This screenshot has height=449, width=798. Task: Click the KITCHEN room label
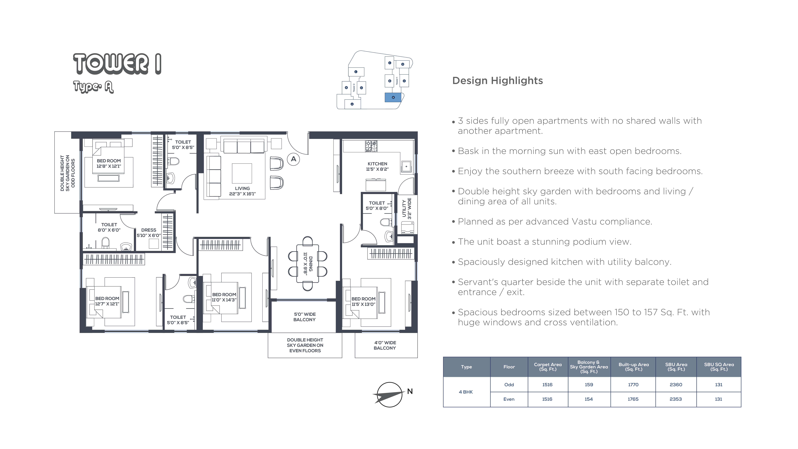tap(377, 166)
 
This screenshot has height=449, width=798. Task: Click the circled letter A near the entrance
tap(293, 159)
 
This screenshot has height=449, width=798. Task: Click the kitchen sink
tap(406, 166)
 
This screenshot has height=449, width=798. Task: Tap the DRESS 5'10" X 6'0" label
tap(149, 233)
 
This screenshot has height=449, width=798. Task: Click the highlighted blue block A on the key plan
tap(393, 97)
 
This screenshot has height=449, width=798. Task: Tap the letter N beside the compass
tap(410, 391)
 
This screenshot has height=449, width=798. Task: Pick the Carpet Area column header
tap(548, 367)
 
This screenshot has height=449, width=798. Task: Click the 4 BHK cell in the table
tap(466, 392)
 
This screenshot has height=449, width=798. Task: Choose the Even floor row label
tap(509, 399)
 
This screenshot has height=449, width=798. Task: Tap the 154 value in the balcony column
tap(589, 399)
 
